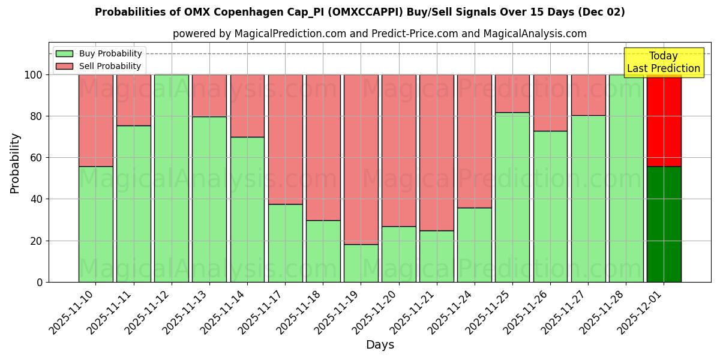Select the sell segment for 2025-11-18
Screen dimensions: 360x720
[323, 147]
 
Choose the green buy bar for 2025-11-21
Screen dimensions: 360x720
[437, 256]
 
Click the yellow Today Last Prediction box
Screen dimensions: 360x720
[663, 62]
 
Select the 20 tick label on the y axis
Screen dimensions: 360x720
[37, 241]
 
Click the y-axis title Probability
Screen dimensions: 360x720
[15, 163]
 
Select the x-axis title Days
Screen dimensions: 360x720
[380, 345]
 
